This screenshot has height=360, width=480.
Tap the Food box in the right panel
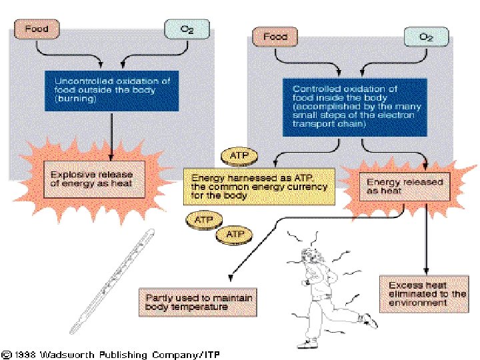[275, 37]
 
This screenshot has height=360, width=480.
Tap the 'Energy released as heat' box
[395, 185]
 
